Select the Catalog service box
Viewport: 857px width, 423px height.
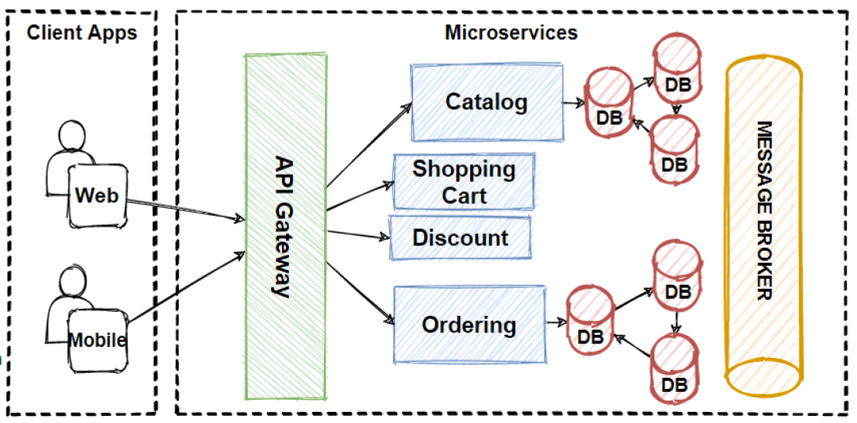pos(486,102)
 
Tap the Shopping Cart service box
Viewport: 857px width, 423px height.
pos(464,182)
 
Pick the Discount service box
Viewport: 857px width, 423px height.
pos(460,237)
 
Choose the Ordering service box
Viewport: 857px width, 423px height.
pos(469,325)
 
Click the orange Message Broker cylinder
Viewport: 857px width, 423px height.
pos(763,221)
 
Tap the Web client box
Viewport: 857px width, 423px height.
pos(97,194)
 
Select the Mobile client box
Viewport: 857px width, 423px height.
pos(97,340)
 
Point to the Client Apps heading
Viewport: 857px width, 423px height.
pos(82,33)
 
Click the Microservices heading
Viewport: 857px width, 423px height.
pos(511,33)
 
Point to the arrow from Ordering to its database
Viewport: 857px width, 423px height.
pos(556,323)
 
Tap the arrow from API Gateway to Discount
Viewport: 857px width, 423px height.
pos(357,234)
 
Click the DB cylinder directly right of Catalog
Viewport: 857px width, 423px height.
pos(608,103)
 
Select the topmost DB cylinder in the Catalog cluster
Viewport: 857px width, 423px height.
pos(677,71)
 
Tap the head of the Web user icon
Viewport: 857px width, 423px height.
pos(72,136)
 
